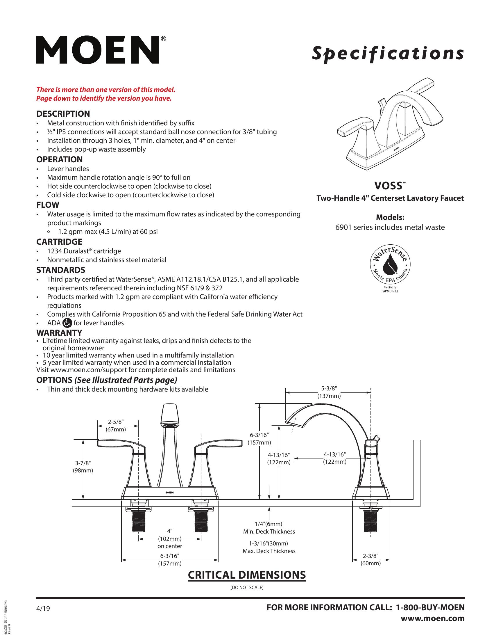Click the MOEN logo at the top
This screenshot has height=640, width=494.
pos(98,50)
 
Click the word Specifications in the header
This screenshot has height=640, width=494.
pos(387,54)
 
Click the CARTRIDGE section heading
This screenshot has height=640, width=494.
pos(59,242)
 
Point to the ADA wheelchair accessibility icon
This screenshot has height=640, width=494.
pos(67,323)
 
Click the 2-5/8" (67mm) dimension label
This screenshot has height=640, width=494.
pos(116,426)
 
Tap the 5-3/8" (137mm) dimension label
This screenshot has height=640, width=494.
pos(329,392)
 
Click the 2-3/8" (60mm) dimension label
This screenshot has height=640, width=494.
pos(370,559)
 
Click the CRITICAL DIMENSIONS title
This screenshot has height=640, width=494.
pos(247,575)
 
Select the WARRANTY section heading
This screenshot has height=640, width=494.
pos(59,333)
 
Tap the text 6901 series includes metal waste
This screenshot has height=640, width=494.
pos(390,227)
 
